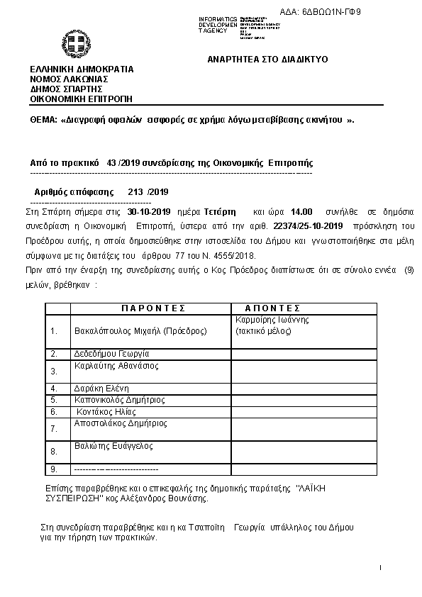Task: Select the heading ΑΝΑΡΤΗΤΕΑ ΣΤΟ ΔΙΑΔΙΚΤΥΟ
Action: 267,60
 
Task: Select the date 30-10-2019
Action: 150,211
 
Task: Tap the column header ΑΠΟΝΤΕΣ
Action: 273,308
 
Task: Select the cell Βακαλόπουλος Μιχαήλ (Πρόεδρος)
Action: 140,330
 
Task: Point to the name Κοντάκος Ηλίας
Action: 106,411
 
